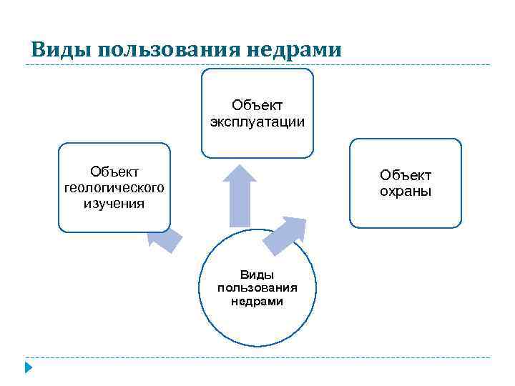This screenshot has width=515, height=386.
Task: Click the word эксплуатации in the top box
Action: pyautogui.click(x=257, y=122)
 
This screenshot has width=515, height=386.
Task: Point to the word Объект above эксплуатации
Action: pyautogui.click(x=257, y=106)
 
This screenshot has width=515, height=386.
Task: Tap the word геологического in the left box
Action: pyautogui.click(x=114, y=187)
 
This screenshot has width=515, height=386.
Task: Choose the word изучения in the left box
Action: pyautogui.click(x=114, y=204)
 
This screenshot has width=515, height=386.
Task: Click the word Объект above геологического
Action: pyautogui.click(x=114, y=172)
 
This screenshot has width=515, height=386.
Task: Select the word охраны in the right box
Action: pyautogui.click(x=406, y=192)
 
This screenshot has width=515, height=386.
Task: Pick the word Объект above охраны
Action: pyautogui.click(x=406, y=175)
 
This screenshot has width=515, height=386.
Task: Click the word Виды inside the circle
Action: pyautogui.click(x=257, y=274)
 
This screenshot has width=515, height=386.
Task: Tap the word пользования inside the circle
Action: pyautogui.click(x=257, y=288)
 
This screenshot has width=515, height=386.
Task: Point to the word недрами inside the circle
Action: pyautogui.click(x=257, y=301)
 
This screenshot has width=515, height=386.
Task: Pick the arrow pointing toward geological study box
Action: pyautogui.click(x=164, y=242)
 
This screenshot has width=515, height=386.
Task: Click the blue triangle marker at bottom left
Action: pyautogui.click(x=28, y=369)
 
